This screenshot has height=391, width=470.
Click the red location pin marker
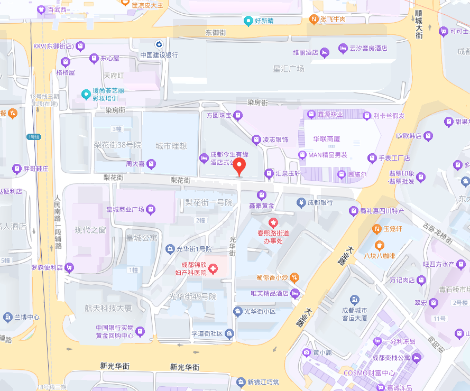pos(240,166)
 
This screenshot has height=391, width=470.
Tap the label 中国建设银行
pos(159,55)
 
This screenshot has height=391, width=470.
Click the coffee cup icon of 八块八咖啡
pos(379,245)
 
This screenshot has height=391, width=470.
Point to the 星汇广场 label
pos(288,69)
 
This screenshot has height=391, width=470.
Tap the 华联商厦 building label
pos(326,139)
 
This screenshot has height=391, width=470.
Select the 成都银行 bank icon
pos(300,202)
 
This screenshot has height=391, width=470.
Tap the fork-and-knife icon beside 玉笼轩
pos(376,229)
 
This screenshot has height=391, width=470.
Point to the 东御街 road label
pos(215,33)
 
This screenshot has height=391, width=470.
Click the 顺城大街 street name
pos(419,24)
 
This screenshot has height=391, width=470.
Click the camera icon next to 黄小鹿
pos(306,352)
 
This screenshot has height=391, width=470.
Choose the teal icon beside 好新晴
pos(248,21)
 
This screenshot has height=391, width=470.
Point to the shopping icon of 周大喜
pos(152,164)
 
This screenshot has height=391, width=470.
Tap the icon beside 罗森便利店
pos(69,267)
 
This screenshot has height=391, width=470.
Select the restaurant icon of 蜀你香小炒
pos(295,277)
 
